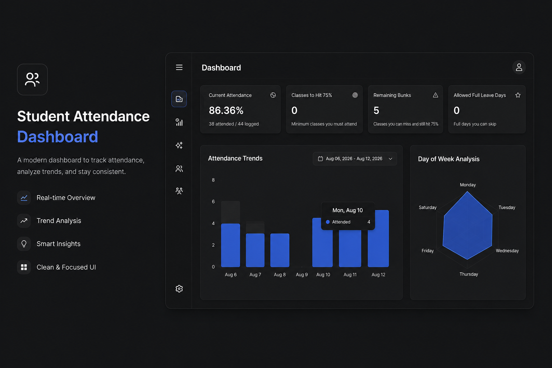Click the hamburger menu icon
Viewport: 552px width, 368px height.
179,67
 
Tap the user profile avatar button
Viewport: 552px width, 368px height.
519,67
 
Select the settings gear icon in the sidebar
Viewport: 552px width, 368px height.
179,289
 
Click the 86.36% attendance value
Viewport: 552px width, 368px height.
226,110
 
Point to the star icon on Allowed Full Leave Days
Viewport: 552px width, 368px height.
518,95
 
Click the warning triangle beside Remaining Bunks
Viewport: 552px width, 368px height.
436,95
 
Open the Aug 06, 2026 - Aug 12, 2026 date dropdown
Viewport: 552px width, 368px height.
355,159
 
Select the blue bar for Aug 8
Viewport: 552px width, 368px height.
280,250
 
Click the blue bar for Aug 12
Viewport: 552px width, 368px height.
378,238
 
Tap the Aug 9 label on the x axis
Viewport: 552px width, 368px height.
302,275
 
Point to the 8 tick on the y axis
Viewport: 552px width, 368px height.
213,180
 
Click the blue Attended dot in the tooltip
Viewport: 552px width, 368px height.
328,222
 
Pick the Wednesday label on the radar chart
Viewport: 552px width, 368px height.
507,251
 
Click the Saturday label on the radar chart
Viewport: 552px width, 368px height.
428,207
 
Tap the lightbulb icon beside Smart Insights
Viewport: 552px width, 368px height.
24,244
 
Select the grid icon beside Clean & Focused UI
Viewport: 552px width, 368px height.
24,267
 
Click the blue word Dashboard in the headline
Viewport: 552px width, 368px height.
57,137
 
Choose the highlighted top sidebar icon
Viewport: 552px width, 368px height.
179,99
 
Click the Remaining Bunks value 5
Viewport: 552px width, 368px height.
376,110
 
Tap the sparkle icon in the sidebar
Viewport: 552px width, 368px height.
179,146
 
